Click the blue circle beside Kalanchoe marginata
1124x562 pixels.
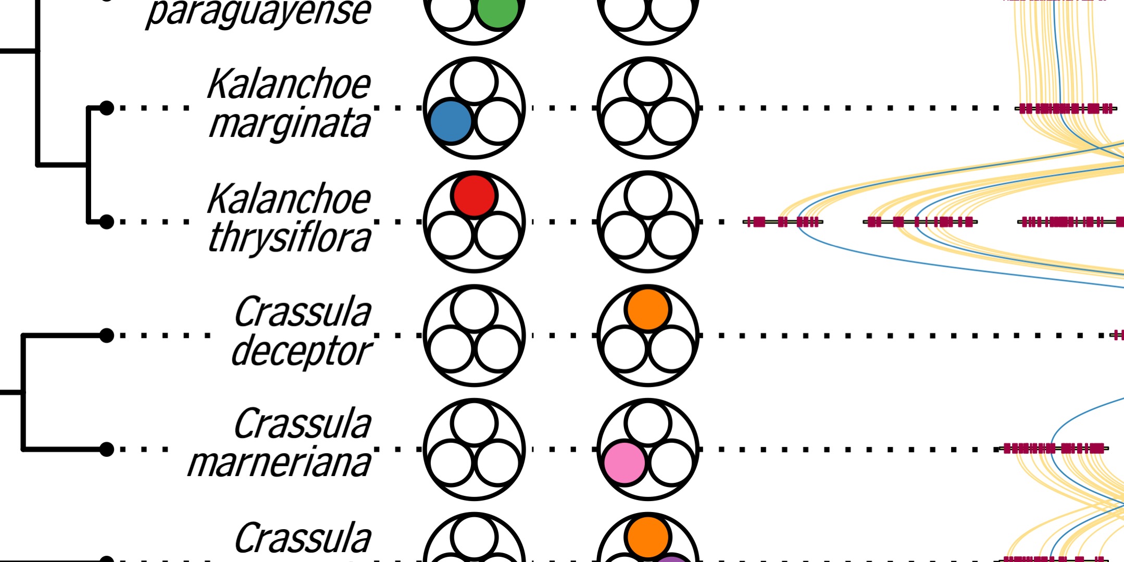coord(451,121)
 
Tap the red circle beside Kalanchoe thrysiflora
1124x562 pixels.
coord(474,196)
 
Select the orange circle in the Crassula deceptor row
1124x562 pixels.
coord(648,310)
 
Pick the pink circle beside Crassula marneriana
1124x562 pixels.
coord(625,463)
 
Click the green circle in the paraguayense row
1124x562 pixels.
coord(497,10)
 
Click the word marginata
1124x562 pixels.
coord(290,124)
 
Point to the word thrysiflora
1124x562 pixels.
coord(290,238)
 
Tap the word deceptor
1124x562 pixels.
coord(301,352)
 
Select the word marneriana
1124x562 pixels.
coord(279,463)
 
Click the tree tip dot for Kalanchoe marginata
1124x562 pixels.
coord(106,108)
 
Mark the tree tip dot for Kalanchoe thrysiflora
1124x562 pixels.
coord(106,222)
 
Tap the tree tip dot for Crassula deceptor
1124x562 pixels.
coord(106,335)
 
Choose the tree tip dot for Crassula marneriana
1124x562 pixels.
coord(106,449)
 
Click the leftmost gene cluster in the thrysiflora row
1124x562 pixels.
coord(783,222)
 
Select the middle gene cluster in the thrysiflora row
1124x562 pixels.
coord(920,222)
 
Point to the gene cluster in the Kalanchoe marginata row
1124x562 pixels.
coord(1066,108)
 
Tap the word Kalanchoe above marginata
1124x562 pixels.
coord(289,84)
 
